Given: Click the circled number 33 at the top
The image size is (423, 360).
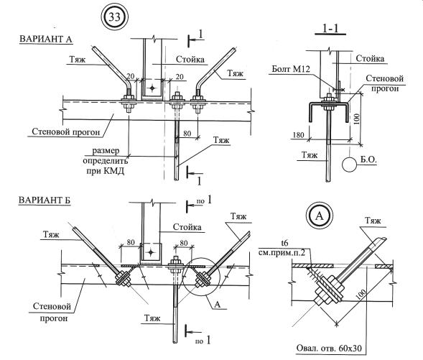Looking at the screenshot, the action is coord(114,17).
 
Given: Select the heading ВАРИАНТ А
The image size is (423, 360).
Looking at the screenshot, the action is coord(46,39).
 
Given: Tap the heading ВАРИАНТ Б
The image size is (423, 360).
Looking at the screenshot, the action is coord(45,200).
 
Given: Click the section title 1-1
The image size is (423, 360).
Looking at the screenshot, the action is coord(330,29).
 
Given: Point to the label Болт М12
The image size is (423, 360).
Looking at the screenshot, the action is coord(291,69).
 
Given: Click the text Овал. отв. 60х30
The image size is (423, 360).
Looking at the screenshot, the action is coord(329,348).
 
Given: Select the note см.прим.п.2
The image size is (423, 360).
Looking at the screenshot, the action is coord(282,253).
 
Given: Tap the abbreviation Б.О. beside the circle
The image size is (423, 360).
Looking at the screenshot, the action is coord(368,160).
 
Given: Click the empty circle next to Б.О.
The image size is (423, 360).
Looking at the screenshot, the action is coord(350,164).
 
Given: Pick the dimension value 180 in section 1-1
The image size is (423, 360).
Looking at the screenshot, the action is coord(298,135).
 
